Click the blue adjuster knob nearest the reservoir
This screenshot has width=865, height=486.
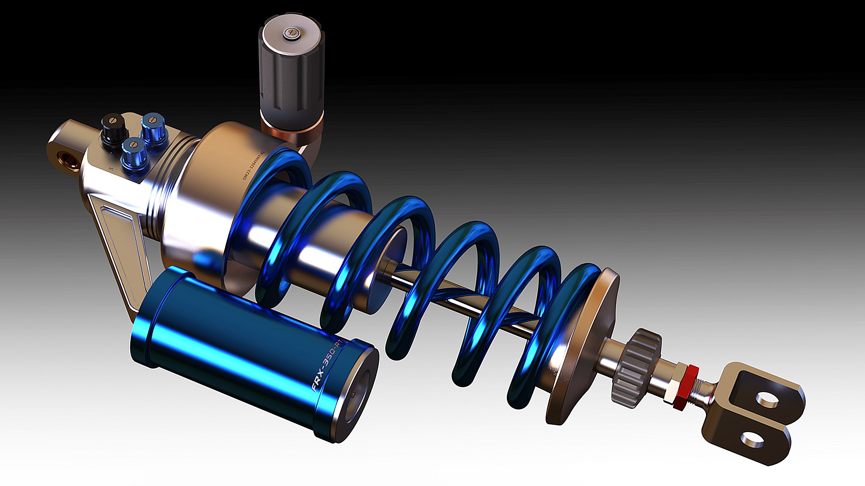point(134,153)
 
